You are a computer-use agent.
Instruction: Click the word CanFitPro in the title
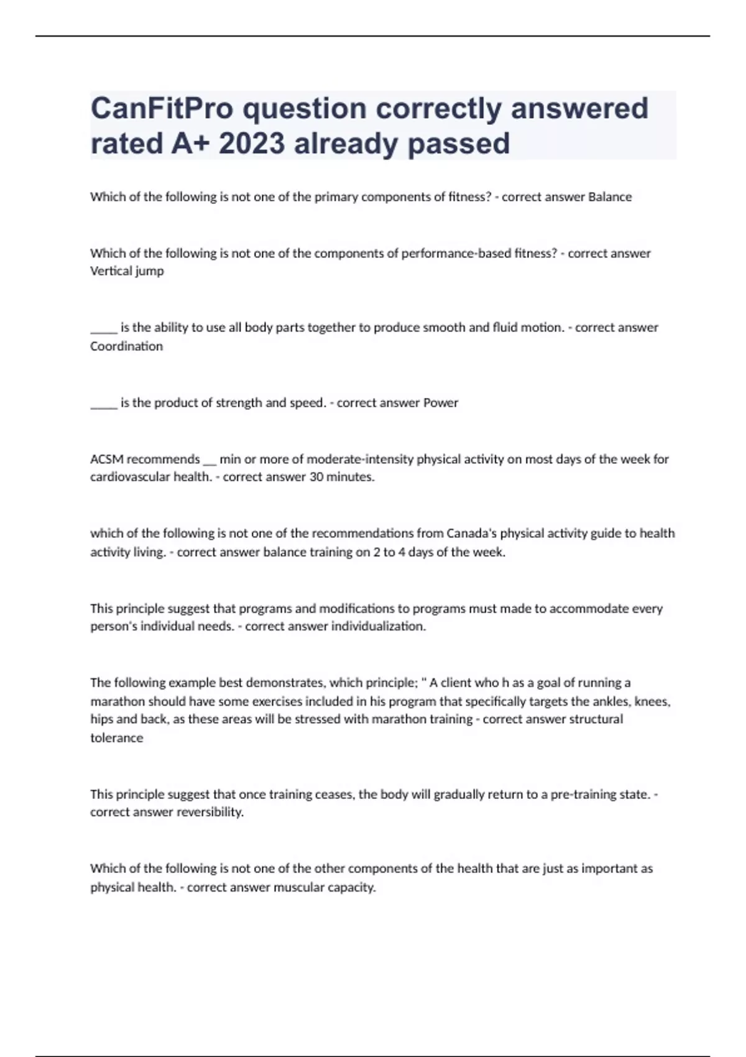pyautogui.click(x=162, y=109)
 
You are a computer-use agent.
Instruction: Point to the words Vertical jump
pyautogui.click(x=127, y=271)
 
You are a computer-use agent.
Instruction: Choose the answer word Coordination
pyautogui.click(x=126, y=346)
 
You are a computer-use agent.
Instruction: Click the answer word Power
pyautogui.click(x=441, y=403)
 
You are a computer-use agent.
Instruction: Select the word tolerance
pyautogui.click(x=116, y=738)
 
